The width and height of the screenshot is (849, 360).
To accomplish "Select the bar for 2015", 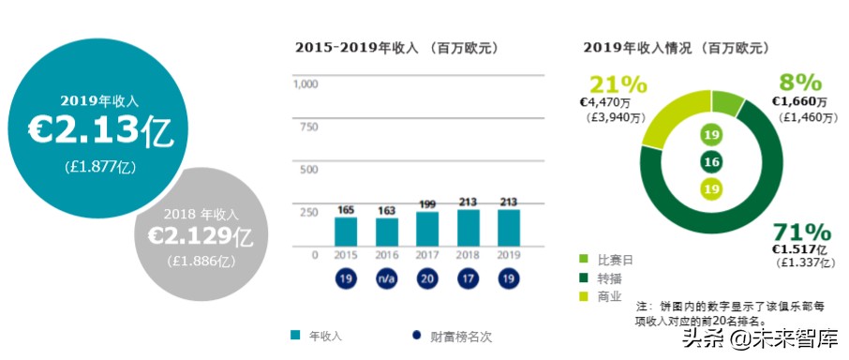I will pyautogui.click(x=346, y=232).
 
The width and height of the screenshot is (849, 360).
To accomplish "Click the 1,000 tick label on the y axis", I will pyautogui.click(x=305, y=84).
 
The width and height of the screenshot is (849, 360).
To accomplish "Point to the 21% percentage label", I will pyautogui.click(x=609, y=82).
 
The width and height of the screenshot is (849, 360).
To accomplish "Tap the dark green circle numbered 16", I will pyautogui.click(x=711, y=162).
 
